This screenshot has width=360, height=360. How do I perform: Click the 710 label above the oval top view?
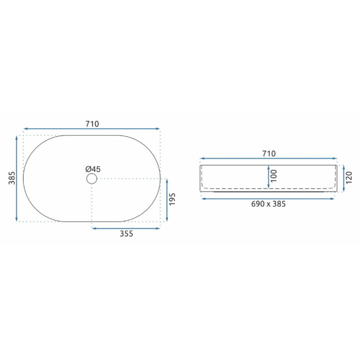92,124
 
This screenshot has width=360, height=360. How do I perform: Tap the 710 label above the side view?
269,153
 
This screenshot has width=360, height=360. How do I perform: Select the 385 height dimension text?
11,178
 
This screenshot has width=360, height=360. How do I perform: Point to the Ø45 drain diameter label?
93,169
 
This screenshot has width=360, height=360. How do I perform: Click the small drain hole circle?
92,178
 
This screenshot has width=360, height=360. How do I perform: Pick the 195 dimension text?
172,199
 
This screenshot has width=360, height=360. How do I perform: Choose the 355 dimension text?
126,233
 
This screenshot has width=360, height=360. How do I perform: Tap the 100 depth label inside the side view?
273,176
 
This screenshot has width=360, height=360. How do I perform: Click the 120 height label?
349,177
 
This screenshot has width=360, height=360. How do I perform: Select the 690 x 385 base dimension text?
268,204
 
